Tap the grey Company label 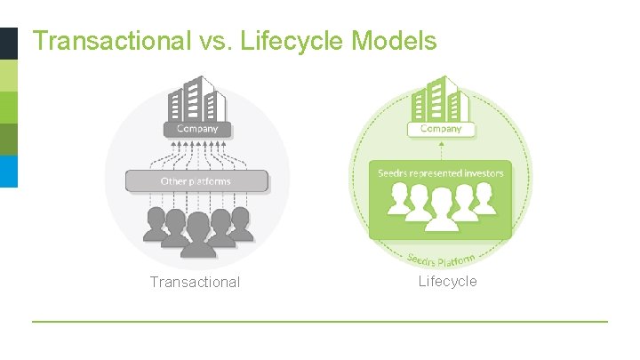tap(196, 129)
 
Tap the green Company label tap(441, 129)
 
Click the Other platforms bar tap(196, 181)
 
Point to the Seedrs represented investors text tap(441, 172)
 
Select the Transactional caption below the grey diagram tap(195, 283)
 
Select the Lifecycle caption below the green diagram tap(448, 282)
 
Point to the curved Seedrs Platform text tap(442, 258)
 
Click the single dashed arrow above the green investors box tap(441, 150)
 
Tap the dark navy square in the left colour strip tap(8, 43)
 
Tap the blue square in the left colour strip tap(8, 172)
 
